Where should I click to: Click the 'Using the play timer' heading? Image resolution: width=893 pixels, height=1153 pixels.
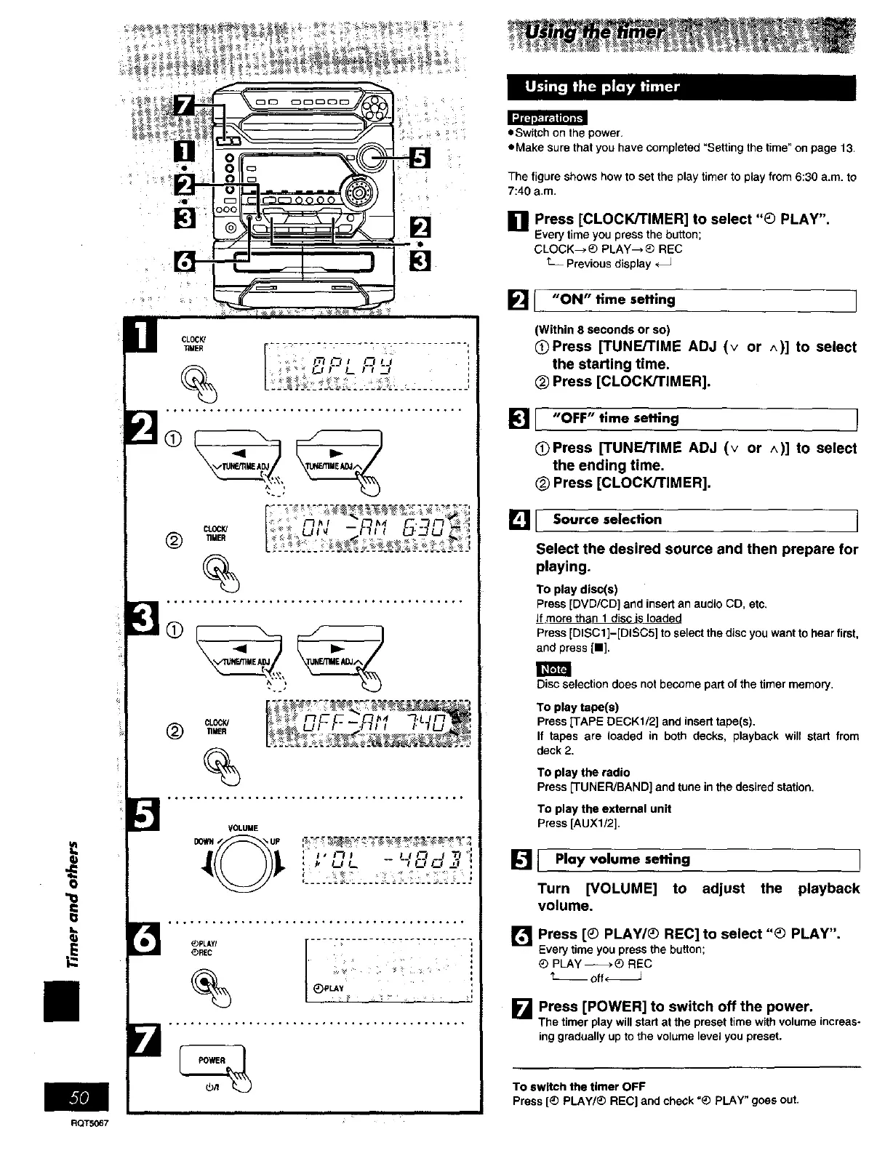tap(603, 87)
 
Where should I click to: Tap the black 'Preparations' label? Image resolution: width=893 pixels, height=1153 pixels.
tap(547, 118)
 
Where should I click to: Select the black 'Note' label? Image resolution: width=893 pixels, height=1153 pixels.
tap(553, 669)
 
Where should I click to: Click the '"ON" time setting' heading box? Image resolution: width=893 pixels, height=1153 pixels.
tap(695, 300)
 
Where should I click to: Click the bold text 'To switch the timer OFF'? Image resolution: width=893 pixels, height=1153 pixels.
tap(579, 1086)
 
